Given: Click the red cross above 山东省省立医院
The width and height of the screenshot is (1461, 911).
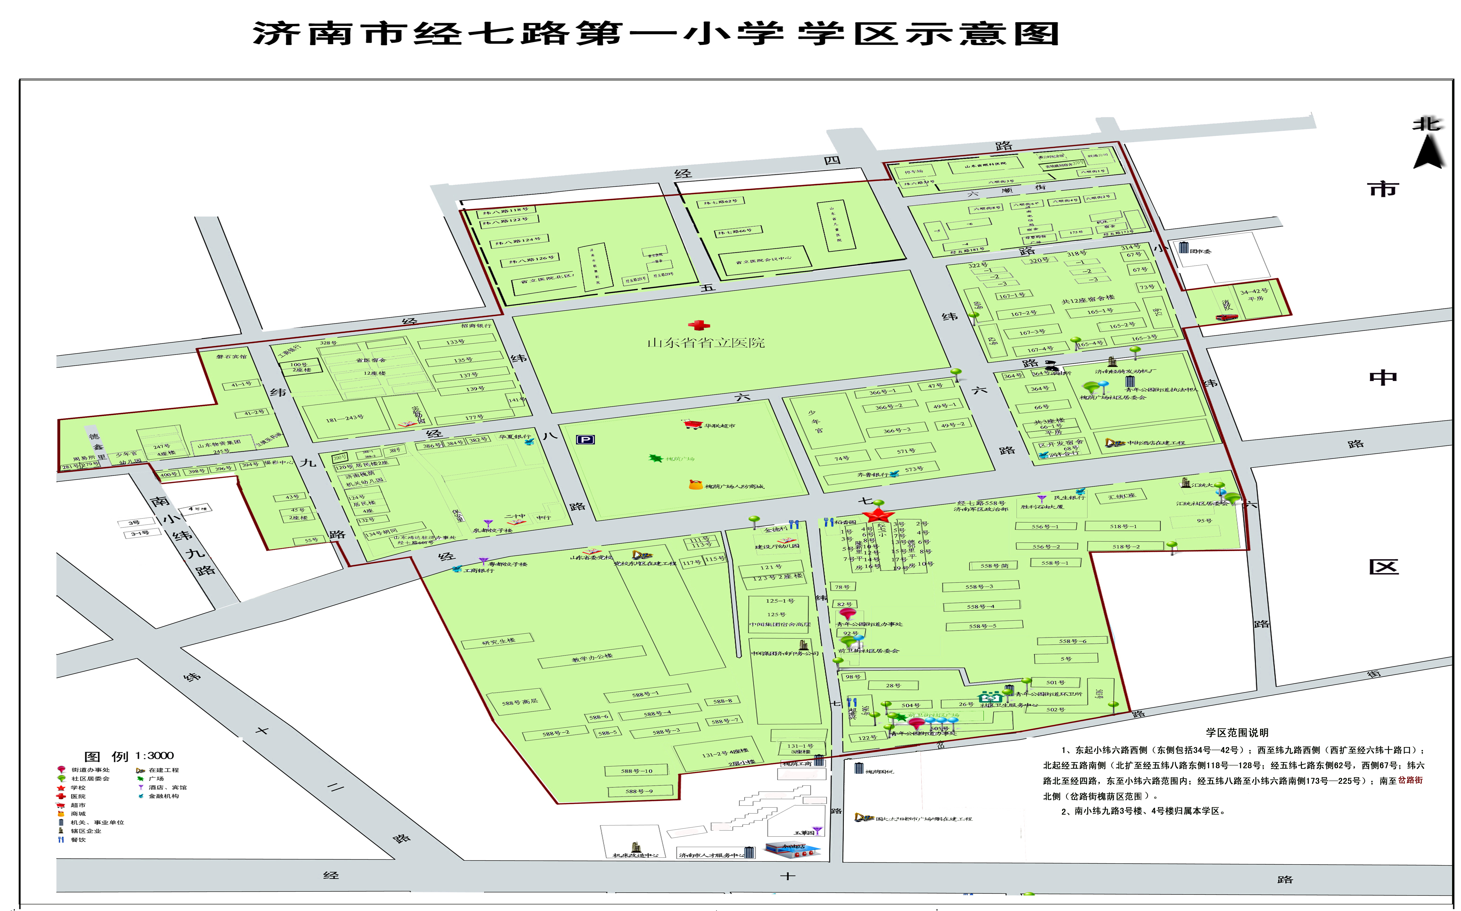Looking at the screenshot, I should [699, 325].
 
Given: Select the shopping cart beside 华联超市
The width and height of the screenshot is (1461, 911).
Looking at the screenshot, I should [692, 425].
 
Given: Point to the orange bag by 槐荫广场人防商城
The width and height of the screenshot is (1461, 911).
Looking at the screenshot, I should [695, 484].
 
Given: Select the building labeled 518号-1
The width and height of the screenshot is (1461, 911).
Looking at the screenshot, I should [1123, 526].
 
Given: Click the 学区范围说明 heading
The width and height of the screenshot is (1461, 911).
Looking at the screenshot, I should [1237, 733].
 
